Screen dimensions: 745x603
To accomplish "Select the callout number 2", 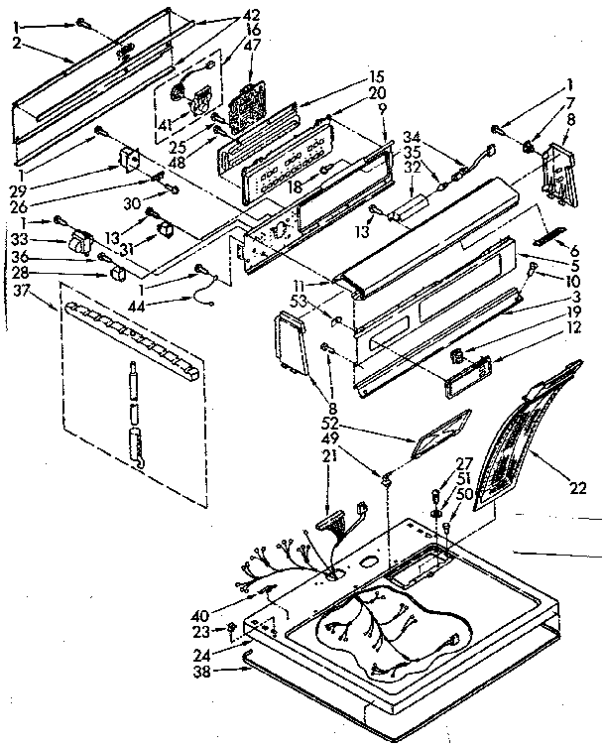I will point(18,44).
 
